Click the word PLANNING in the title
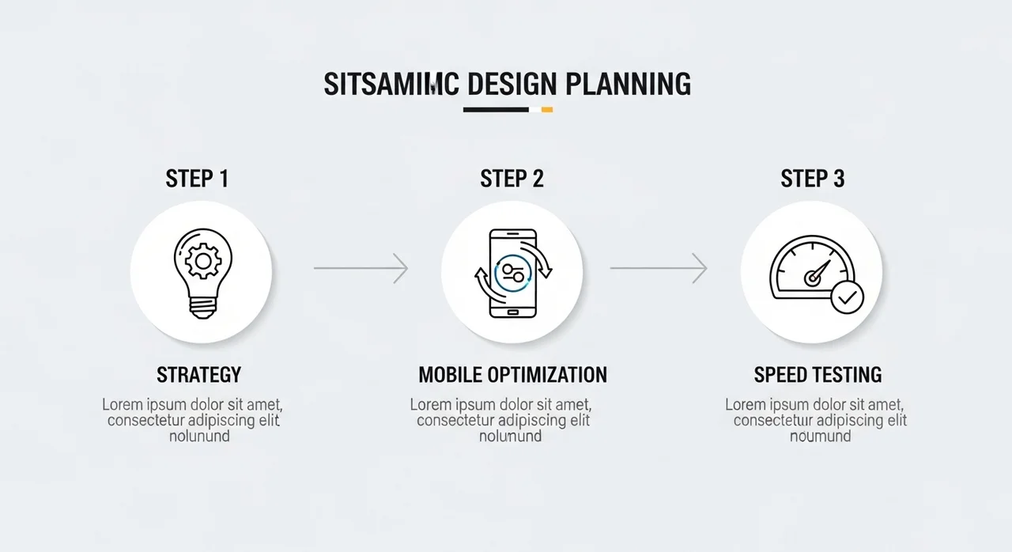tap(628, 84)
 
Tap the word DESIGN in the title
tap(512, 84)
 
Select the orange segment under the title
tap(546, 110)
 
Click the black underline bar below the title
tap(496, 110)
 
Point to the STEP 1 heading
tap(197, 179)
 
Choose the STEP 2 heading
tap(512, 179)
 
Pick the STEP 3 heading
tap(812, 179)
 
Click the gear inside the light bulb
tap(203, 261)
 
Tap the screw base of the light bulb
tap(203, 307)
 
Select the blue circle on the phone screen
tap(513, 274)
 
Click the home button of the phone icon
tap(513, 312)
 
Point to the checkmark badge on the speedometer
tap(847, 297)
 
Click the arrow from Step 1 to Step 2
tap(361, 268)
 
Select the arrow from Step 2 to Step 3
tap(659, 268)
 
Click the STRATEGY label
tap(198, 375)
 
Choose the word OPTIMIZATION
tap(548, 375)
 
